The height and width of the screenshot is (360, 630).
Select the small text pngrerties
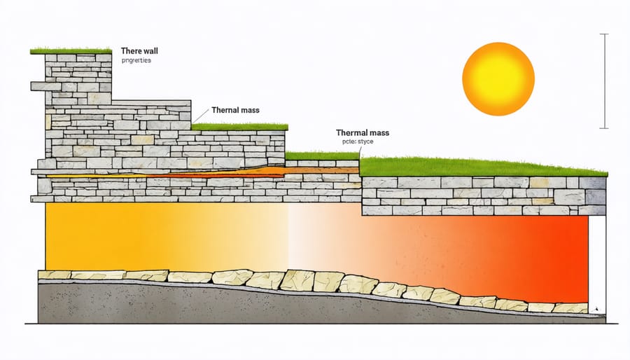[x=136, y=61]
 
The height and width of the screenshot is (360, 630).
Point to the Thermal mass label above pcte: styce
[x=363, y=132]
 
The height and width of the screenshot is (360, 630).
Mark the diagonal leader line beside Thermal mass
[x=200, y=116]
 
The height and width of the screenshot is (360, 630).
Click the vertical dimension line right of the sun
[x=604, y=81]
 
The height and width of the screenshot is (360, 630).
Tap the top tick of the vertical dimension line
[x=604, y=34]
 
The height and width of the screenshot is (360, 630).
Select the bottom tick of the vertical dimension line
[x=604, y=129]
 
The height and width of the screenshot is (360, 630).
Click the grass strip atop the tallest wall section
[x=71, y=51]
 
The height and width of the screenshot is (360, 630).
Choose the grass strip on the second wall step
[x=239, y=127]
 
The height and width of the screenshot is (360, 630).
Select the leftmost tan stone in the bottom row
[x=54, y=275]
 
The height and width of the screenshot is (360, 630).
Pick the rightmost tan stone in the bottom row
[x=570, y=307]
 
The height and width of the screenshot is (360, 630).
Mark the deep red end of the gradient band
[x=560, y=252]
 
